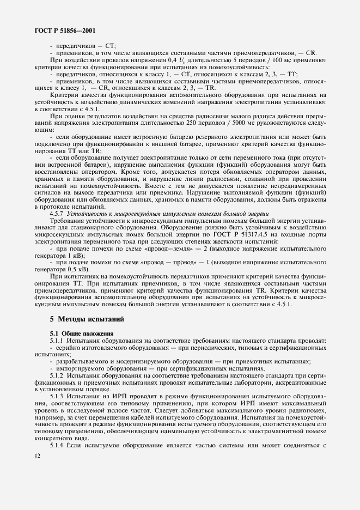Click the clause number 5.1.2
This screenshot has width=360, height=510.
[58, 377]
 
